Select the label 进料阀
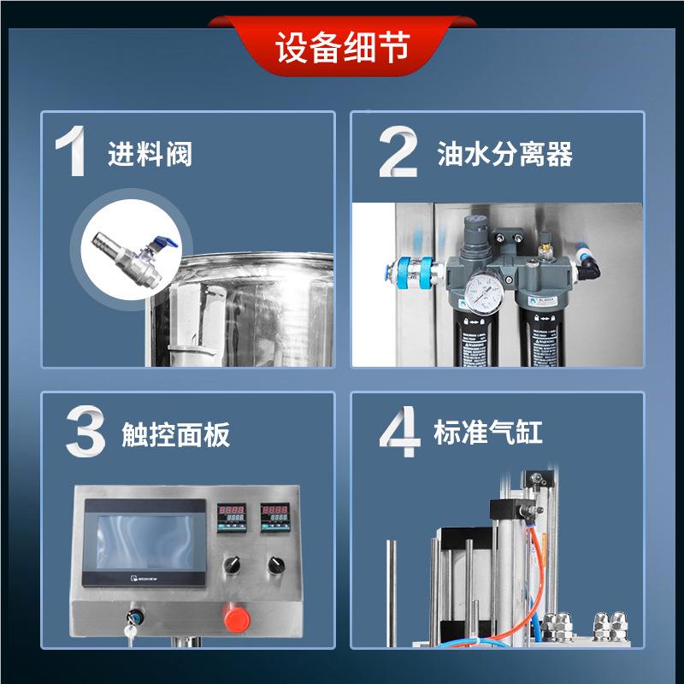[150, 155]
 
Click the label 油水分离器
[504, 155]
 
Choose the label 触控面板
[176, 436]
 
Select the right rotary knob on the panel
[274, 564]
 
